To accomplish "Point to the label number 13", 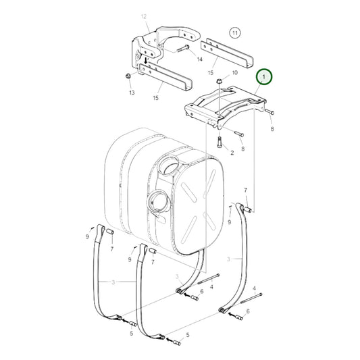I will (x=131, y=92).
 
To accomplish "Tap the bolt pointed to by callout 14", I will (x=185, y=48).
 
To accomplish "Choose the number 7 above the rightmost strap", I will (x=246, y=191).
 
